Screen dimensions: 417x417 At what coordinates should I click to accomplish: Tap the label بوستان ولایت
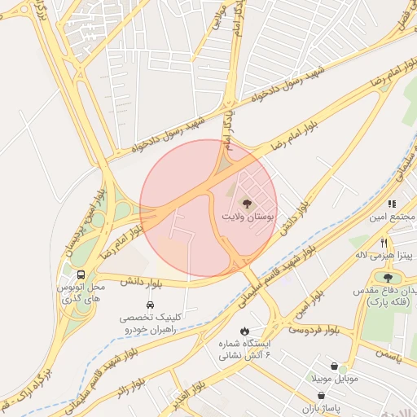click(x=249, y=217)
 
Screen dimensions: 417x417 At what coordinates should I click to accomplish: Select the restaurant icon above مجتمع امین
click(x=392, y=204)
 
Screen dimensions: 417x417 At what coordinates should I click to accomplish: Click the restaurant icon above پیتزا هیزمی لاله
click(x=383, y=243)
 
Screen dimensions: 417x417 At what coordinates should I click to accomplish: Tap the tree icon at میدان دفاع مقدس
click(x=387, y=278)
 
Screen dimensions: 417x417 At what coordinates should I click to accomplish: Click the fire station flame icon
click(x=244, y=330)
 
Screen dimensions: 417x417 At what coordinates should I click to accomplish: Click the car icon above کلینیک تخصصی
click(x=150, y=303)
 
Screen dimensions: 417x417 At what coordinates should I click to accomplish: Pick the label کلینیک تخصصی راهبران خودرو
click(x=150, y=321)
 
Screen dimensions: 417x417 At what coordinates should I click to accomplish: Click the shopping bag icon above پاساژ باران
click(x=325, y=395)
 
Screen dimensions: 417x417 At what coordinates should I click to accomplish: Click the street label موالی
click(x=217, y=22)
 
